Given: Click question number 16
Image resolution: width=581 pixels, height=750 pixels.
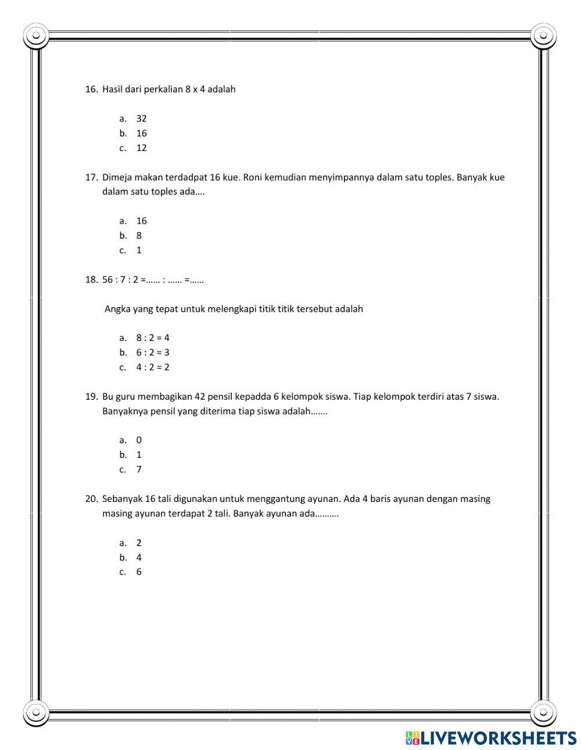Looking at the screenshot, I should (x=91, y=89).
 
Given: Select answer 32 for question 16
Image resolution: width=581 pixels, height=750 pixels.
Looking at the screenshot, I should (x=141, y=119).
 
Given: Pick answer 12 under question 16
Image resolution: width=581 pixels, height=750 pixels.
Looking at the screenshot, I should (x=141, y=148).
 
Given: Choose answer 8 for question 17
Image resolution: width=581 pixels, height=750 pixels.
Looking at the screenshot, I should (x=139, y=236).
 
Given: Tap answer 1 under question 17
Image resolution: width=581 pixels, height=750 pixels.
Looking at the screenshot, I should (x=139, y=250).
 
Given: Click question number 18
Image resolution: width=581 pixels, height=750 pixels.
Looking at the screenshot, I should (x=91, y=279).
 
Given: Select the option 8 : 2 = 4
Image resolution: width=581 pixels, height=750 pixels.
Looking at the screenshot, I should (x=153, y=338).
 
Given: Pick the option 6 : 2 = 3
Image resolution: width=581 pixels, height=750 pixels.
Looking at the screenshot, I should (x=153, y=353).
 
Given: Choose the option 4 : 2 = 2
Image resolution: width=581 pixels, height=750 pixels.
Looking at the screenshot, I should (x=153, y=367).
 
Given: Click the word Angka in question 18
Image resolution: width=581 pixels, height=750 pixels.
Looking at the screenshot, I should (x=117, y=309).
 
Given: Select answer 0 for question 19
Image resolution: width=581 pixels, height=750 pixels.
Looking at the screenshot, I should (x=139, y=440).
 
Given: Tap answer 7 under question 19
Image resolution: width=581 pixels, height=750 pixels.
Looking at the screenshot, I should (x=139, y=469).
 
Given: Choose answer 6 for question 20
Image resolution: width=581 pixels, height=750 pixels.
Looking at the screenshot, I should (x=139, y=572).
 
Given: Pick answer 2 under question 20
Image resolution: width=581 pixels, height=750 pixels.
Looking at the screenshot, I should (x=139, y=543).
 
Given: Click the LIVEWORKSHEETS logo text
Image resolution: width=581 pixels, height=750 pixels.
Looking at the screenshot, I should (x=497, y=738).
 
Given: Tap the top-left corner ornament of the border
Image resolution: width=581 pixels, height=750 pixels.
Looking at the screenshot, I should (x=36, y=36).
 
